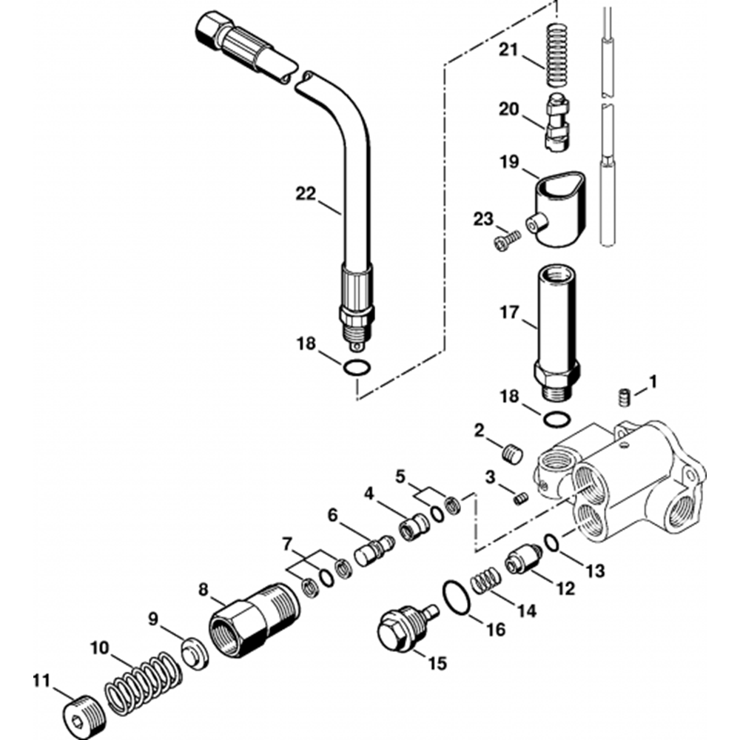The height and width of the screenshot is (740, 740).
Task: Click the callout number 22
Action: (306, 194)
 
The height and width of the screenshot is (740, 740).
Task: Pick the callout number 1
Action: (652, 382)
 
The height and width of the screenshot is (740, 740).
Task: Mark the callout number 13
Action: (595, 571)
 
